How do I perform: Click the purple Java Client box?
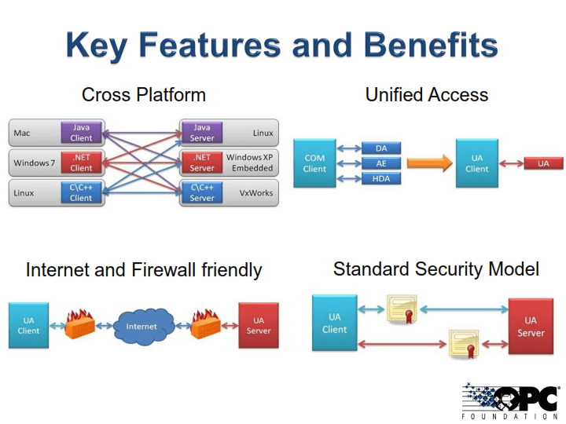81,133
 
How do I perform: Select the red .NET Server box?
202,163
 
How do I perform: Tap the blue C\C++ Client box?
81,193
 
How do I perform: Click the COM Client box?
314,163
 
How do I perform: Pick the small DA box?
381,148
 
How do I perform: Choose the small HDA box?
381,178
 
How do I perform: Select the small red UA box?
543,163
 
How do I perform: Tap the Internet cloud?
142,326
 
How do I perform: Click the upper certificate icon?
400,309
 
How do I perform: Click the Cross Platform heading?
144,95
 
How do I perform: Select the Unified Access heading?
427,95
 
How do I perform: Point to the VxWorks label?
257,192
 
